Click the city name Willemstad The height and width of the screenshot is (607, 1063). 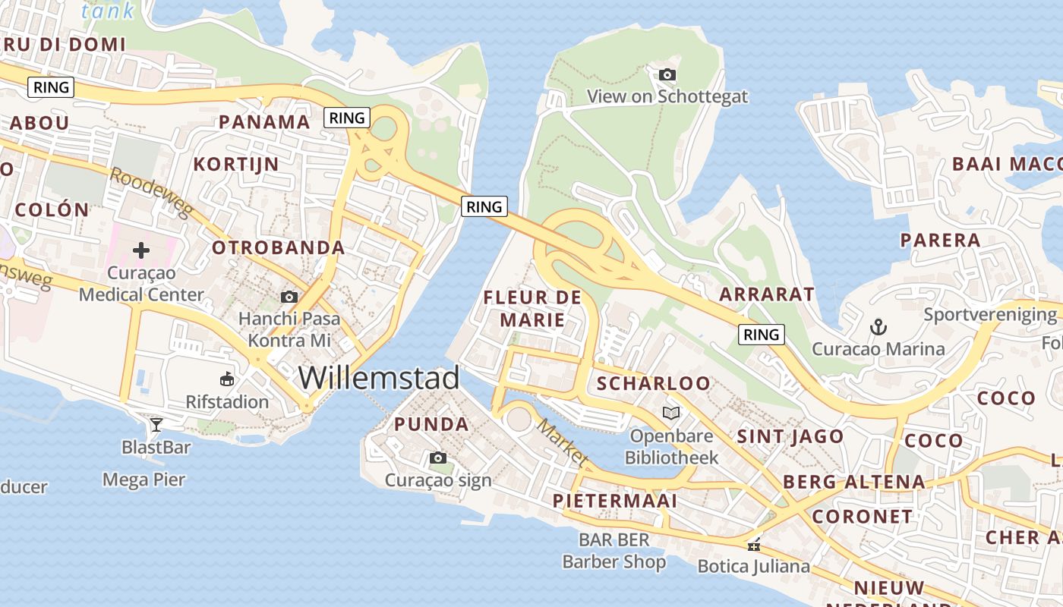coord(379,377)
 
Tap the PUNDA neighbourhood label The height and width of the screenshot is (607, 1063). coord(431,424)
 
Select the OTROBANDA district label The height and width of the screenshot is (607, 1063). coord(278,247)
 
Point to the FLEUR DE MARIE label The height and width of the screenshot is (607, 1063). coord(532,308)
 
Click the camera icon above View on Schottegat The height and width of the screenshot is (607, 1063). coord(667,74)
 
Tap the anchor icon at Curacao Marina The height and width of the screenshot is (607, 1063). coord(878,327)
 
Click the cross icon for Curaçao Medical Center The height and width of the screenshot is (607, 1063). coord(141,250)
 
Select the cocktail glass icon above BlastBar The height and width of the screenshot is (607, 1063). coord(156,424)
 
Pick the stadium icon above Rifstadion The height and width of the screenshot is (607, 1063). coord(227,379)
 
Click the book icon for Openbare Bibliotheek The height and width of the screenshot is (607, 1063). coord(671,413)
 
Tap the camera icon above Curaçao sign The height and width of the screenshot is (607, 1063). coord(438,458)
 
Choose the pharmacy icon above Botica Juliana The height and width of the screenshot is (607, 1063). coord(753,544)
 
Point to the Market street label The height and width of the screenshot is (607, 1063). coord(563,442)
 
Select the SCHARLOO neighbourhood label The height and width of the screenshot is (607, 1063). coord(654,383)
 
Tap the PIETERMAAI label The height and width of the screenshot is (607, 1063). coord(615,501)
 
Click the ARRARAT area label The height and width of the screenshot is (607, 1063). coord(767,294)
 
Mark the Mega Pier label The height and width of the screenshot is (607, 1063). coord(144,480)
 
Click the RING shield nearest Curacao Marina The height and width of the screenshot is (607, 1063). coord(761,334)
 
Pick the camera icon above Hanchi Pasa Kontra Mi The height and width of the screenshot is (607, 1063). coord(289,297)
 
